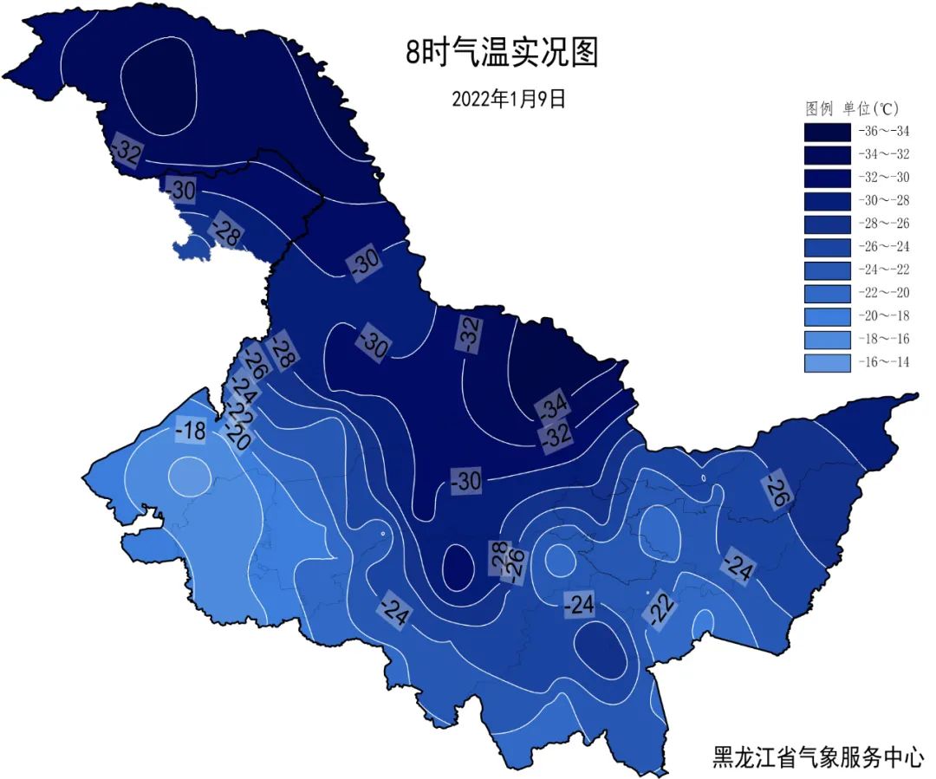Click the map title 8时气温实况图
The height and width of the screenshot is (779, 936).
(x=503, y=53)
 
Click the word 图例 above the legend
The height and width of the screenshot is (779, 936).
(x=819, y=109)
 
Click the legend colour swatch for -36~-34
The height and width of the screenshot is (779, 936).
(x=827, y=133)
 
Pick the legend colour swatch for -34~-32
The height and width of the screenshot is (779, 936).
(x=827, y=155)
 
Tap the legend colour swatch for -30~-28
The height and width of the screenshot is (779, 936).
(x=827, y=201)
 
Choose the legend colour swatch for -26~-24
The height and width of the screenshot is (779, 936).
(x=827, y=247)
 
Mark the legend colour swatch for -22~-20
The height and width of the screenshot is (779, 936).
(x=827, y=293)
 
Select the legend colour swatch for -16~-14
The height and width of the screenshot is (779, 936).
(x=827, y=362)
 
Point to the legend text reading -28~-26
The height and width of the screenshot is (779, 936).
(x=884, y=224)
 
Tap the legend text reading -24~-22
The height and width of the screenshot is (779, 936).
(x=884, y=270)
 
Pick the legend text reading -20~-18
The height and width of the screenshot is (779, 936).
(x=884, y=316)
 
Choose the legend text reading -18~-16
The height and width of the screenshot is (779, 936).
(x=884, y=339)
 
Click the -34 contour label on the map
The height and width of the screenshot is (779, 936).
(x=553, y=405)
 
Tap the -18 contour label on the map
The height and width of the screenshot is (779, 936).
(x=191, y=430)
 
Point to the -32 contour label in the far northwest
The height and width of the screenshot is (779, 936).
(x=127, y=153)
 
